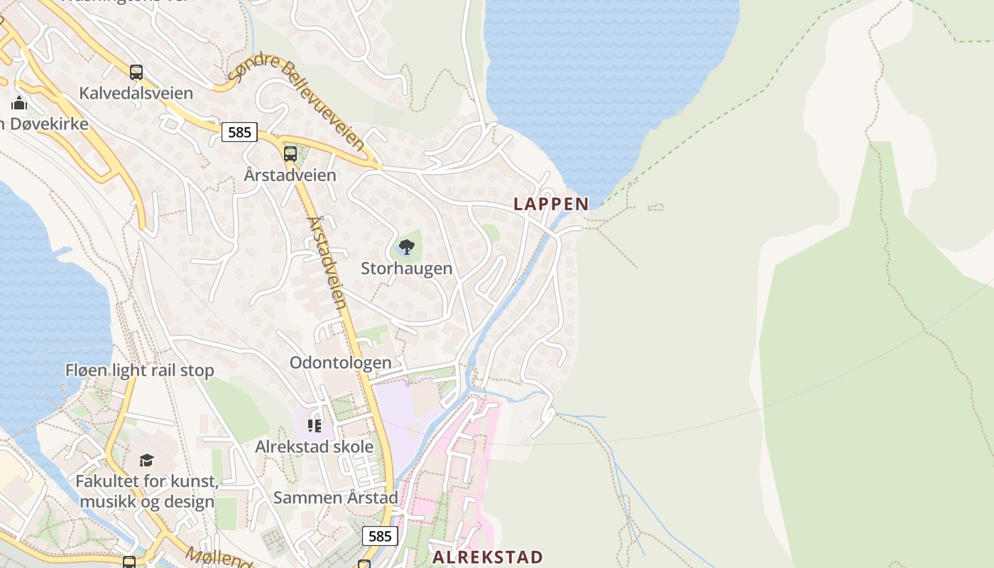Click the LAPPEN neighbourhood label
pos(551,204)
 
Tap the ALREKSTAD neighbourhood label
pos(488,557)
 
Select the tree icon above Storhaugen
pos(407,247)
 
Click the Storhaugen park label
pos(406,268)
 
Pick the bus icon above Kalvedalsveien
pos(136,72)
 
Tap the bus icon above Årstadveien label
pos(290,153)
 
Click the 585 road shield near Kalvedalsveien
pos(239,131)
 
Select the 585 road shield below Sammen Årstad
pos(380,536)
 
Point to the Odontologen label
pos(340,363)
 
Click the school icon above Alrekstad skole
pos(315,426)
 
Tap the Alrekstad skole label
pos(314,447)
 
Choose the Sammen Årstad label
pos(335,498)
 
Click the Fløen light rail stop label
pos(139,371)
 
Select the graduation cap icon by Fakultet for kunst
pos(147,460)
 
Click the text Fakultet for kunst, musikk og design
pos(147,491)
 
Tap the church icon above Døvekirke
pos(19,104)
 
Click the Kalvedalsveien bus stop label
pos(136,93)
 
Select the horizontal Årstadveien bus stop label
pos(290,175)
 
